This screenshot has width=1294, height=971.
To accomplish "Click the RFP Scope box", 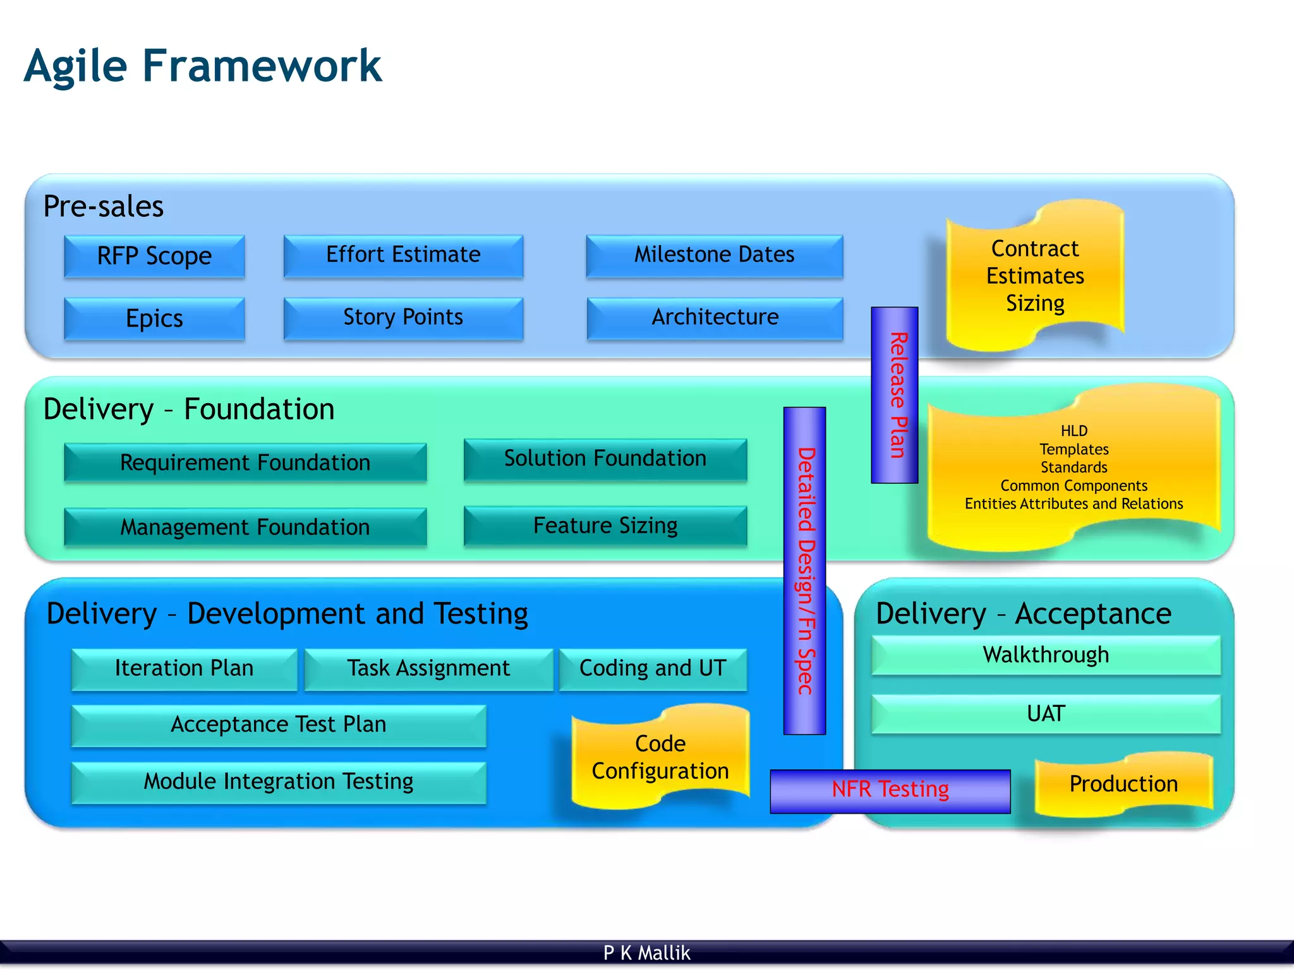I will click(154, 256).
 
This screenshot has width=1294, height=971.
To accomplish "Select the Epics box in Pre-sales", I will click(154, 318).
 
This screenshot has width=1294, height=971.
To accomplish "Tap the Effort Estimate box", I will click(403, 255).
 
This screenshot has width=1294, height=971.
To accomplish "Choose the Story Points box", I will click(403, 318).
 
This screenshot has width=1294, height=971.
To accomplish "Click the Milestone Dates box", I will click(714, 255).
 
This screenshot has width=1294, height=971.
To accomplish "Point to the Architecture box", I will click(715, 318).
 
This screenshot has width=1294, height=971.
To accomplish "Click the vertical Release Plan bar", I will click(895, 395).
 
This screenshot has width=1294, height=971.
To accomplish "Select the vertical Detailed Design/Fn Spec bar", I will click(804, 570).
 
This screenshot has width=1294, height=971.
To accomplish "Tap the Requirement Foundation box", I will click(245, 462).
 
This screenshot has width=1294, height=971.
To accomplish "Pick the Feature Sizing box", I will click(605, 525).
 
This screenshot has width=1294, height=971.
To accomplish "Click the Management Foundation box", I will click(245, 526).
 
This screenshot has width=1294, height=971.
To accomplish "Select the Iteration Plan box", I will click(184, 668).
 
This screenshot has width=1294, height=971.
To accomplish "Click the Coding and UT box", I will click(653, 668).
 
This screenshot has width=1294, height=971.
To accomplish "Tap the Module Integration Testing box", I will click(279, 782).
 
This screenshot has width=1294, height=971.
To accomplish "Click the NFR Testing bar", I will click(890, 790).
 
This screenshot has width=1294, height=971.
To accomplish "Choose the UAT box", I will click(1046, 714).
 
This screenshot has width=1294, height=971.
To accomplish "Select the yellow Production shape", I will click(1123, 784).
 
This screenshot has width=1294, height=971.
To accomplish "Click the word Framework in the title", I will click(262, 66).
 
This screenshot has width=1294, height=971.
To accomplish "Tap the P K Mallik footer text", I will click(646, 953).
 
